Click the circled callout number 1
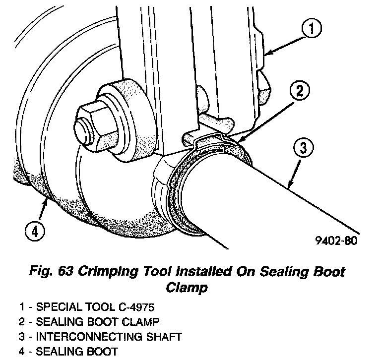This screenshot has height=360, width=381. (311, 30)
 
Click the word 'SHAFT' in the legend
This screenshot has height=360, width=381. (160, 337)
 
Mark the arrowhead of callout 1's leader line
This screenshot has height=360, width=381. (266, 51)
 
